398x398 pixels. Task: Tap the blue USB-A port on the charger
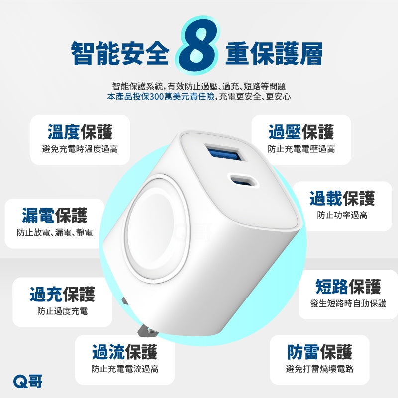223,153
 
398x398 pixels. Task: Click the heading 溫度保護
80,132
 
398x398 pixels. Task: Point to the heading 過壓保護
301,132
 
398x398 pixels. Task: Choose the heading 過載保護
342,198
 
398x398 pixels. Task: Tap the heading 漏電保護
55,216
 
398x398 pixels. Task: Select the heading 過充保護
62,294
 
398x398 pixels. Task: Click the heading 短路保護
348,287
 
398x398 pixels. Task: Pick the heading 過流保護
125,352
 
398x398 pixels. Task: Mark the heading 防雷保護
319,352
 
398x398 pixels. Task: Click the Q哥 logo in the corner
28,381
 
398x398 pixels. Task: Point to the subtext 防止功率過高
342,215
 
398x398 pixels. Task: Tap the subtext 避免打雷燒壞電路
319,369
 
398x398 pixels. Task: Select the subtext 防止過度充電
63,311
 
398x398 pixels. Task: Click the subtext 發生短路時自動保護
348,303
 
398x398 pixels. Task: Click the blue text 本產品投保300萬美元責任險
161,97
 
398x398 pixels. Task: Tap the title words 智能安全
120,53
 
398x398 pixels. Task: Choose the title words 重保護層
274,53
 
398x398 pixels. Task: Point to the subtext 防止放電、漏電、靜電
55,232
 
